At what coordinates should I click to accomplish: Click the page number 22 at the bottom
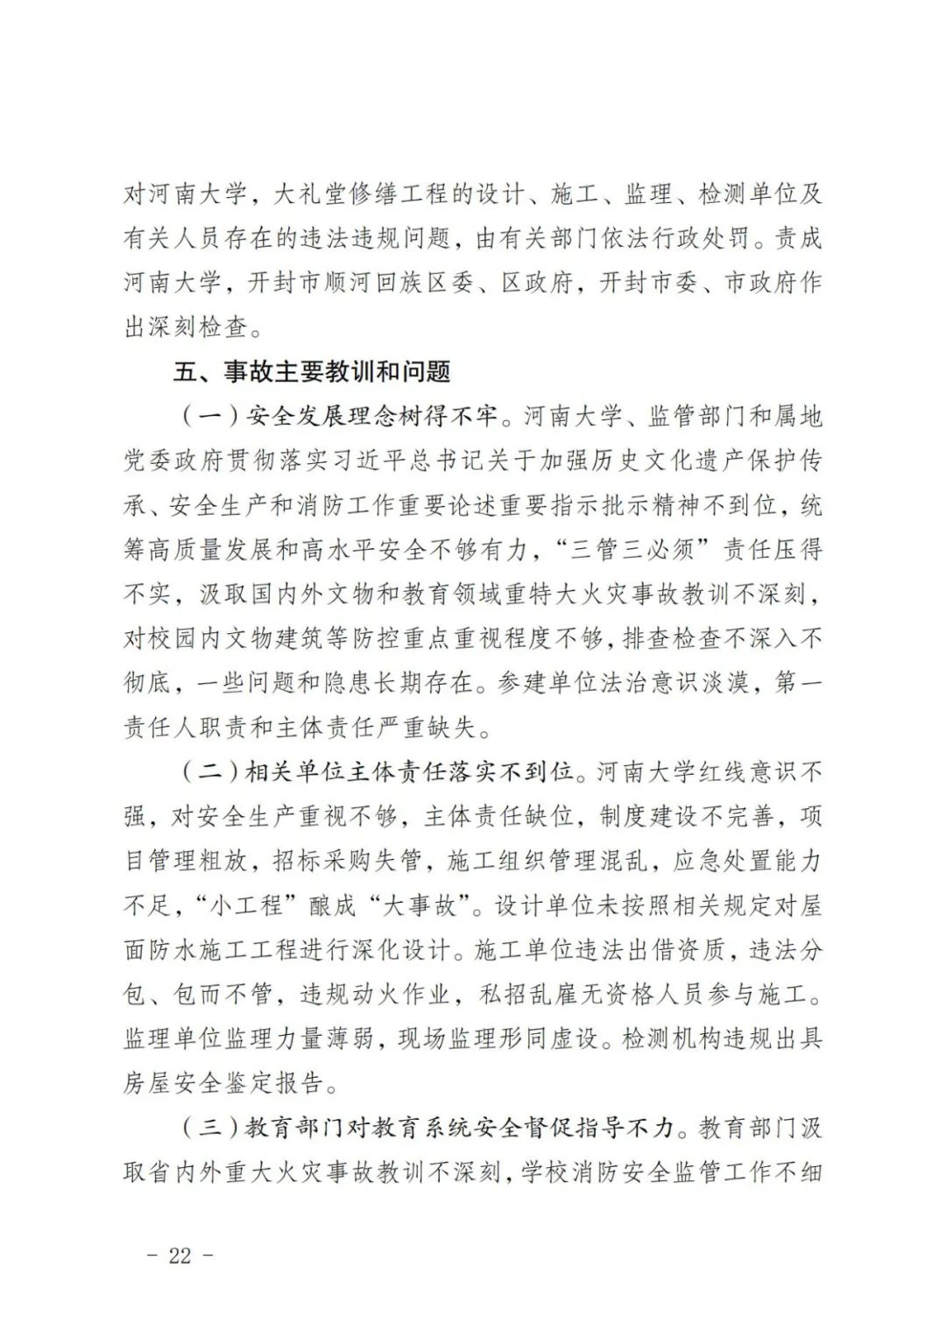click(x=179, y=1255)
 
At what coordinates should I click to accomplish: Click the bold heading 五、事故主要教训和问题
click(x=312, y=372)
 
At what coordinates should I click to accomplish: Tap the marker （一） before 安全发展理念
click(x=209, y=417)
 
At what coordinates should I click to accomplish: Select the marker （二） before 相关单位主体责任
click(x=209, y=772)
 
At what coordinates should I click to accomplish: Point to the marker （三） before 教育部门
click(x=209, y=1127)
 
